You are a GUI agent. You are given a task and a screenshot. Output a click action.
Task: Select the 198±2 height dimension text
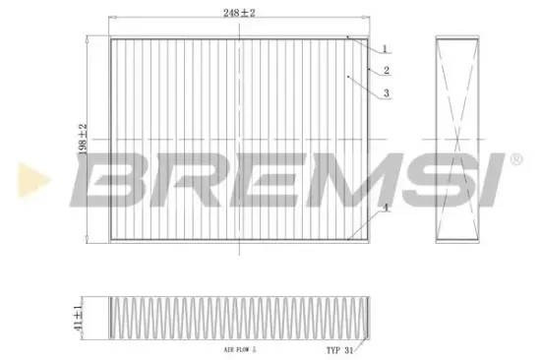coord(84,141)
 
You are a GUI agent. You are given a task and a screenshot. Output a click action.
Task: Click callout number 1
coord(386,48)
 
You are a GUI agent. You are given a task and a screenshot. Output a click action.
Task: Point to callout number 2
coord(388,71)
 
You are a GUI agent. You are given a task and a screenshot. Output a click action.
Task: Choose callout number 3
coord(388,92)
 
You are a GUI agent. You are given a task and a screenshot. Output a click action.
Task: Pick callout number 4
coord(388,208)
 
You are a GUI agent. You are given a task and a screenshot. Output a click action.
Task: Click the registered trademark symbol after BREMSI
coord(514,158)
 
